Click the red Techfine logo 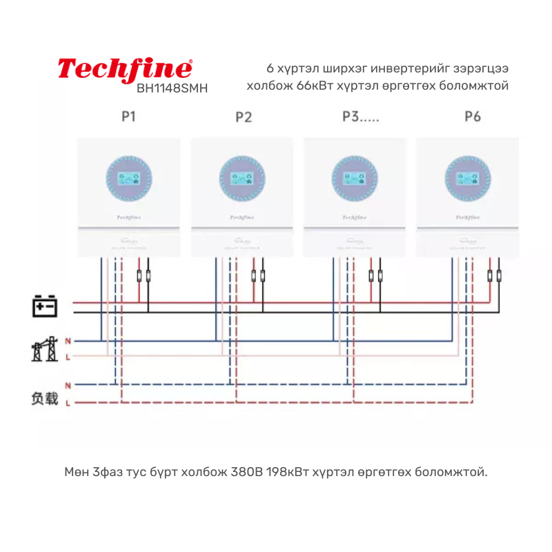125,69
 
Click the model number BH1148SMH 172,88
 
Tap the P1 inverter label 128,117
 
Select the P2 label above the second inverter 243,117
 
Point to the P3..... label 360,117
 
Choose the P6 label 472,117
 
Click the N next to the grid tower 68,342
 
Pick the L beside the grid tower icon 68,356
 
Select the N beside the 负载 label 68,384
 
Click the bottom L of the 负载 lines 68,403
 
